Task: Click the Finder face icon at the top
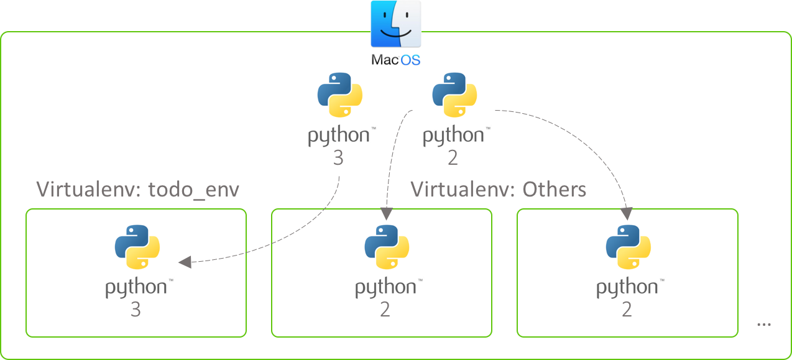tap(396, 25)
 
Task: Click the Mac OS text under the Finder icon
tap(396, 60)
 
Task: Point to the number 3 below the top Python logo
tap(338, 159)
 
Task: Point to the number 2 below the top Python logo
tap(453, 159)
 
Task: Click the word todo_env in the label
tap(194, 189)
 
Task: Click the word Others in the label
tap(555, 189)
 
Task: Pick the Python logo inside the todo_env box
tap(137, 247)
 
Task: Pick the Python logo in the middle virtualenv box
tap(386, 247)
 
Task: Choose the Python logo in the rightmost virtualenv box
tap(628, 247)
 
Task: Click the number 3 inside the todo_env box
tap(136, 310)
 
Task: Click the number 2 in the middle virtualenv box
tap(385, 310)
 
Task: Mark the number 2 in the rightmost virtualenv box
tap(627, 310)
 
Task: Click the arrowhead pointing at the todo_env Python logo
tap(184, 262)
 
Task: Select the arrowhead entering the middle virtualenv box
tap(386, 215)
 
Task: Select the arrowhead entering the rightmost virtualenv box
tap(627, 215)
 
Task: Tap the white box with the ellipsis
tap(764, 319)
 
